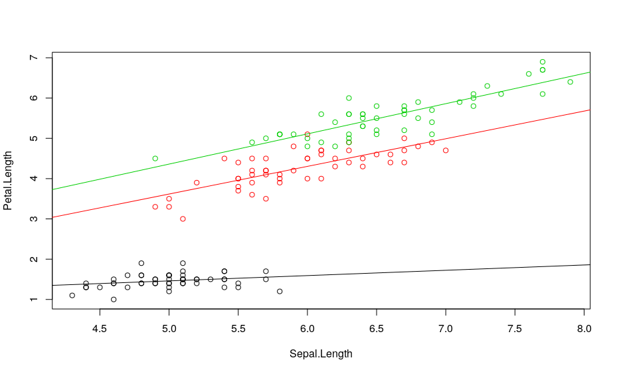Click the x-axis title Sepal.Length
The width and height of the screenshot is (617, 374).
point(321,354)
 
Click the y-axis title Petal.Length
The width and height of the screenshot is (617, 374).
point(8,181)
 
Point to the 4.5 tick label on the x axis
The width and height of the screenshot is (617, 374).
point(100,329)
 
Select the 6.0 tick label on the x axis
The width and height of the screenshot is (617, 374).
point(308,329)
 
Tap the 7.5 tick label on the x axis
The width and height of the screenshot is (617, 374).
point(515,329)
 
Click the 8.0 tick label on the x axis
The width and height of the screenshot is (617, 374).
point(584,329)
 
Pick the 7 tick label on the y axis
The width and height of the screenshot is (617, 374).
point(34,58)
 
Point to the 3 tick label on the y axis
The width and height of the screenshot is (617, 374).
point(34,219)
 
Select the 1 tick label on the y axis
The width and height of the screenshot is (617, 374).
point(34,300)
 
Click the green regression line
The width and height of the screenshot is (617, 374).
point(321,131)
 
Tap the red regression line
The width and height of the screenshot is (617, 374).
point(321,163)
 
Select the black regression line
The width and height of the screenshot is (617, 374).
point(321,275)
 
